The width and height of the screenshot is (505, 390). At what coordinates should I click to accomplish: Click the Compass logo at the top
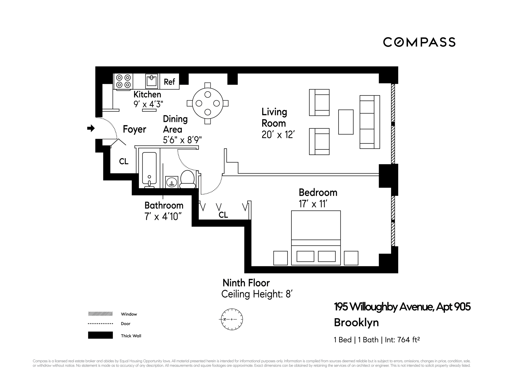point(419,42)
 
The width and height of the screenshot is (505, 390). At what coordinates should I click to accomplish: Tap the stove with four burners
point(123,81)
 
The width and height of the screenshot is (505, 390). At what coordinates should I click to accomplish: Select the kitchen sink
point(152,81)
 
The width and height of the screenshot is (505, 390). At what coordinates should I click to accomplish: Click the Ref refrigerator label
point(169,82)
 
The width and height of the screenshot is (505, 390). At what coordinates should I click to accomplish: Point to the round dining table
point(208,103)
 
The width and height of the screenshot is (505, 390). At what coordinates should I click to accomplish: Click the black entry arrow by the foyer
point(91,128)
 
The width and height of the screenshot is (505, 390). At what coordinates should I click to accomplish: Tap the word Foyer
point(134,129)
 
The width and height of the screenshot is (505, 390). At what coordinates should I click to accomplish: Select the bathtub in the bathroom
point(149,168)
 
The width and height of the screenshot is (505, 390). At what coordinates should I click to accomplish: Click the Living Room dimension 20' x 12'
point(278,135)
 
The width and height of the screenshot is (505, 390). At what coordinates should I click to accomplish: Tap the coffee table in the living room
point(346,122)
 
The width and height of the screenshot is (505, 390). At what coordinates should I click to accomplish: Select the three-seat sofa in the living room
point(370,122)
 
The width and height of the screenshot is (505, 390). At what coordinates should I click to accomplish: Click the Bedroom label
point(318,193)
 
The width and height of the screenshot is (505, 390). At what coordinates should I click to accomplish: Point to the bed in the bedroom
point(316,238)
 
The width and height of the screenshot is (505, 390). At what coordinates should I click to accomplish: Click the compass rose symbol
point(231,319)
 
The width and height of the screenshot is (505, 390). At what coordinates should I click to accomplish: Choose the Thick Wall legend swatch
point(100,335)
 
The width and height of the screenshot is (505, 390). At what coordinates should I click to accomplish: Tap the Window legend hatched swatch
point(100,314)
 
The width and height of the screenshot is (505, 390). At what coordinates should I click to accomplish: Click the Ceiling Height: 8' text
point(257,294)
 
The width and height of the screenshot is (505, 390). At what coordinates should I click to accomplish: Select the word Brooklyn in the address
point(356,323)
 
